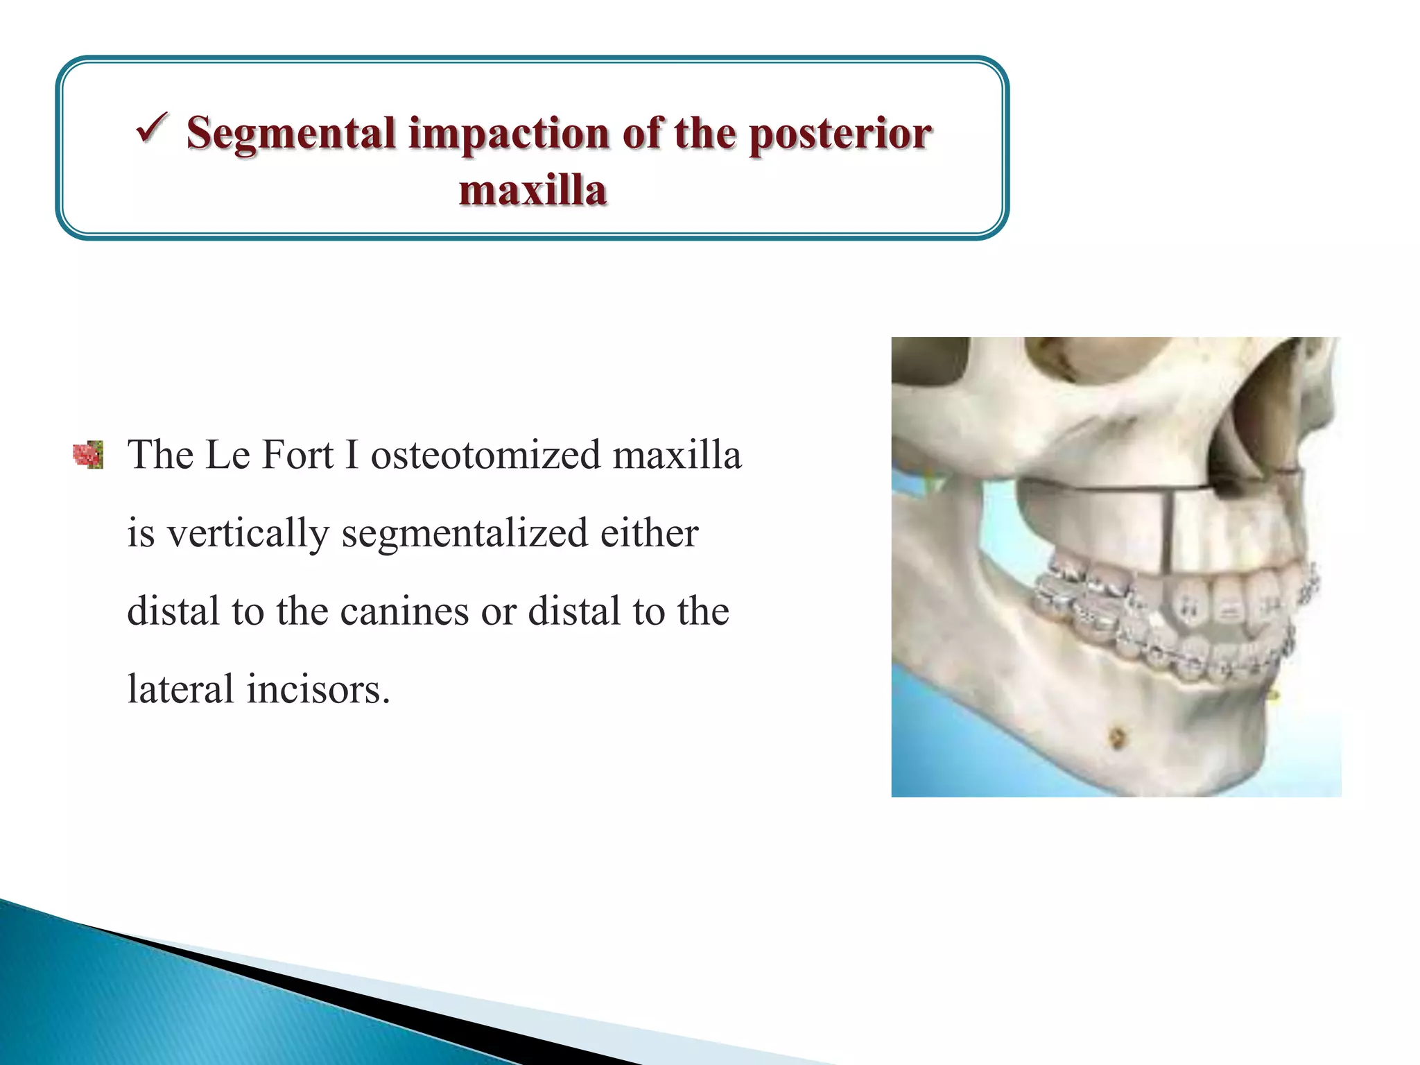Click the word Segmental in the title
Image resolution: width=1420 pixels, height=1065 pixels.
pos(291,134)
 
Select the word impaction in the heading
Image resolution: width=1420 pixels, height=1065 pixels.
pos(508,134)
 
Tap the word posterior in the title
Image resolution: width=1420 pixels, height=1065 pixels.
pos(840,134)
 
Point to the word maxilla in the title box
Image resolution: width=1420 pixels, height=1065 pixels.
pos(532,191)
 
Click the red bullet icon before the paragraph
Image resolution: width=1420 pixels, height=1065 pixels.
pos(88,456)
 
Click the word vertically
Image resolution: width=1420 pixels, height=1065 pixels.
pos(248,534)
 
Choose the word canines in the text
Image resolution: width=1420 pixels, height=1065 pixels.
pos(404,612)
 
